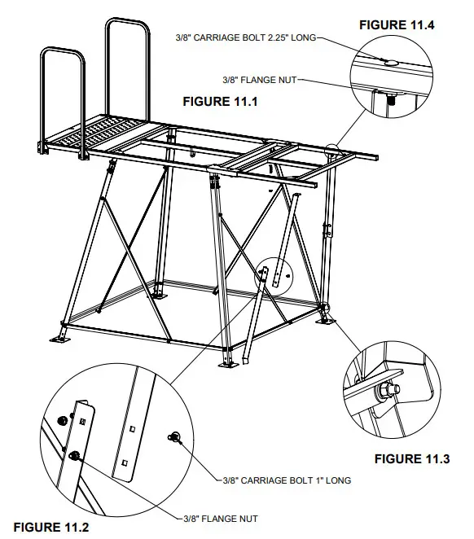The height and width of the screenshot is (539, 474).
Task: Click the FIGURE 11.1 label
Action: click(219, 102)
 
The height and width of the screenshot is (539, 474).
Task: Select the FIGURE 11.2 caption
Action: click(50, 527)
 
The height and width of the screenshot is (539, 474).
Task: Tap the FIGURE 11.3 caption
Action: click(411, 459)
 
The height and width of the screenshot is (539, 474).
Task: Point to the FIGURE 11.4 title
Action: click(397, 25)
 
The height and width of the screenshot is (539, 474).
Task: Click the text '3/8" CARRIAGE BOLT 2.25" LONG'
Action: click(244, 37)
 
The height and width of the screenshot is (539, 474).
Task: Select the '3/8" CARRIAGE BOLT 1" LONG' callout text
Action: click(287, 480)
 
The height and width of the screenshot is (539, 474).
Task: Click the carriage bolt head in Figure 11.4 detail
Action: click(390, 62)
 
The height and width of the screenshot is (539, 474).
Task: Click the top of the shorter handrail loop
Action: click(63, 51)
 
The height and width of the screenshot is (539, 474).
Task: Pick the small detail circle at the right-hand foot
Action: click(326, 312)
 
